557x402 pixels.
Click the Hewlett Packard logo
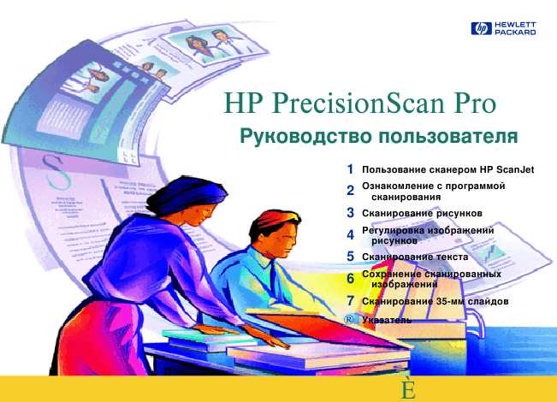coord(503,28)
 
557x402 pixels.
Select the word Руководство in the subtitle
coord(305,137)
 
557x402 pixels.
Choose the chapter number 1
coord(350,169)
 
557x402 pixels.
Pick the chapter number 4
coord(350,234)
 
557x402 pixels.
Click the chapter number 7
coord(350,301)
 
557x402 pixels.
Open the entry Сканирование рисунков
coord(422,214)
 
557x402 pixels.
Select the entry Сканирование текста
coord(415,257)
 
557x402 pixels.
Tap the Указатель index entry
coord(387,320)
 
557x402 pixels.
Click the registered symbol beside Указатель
coord(349,320)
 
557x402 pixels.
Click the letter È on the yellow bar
coord(408,388)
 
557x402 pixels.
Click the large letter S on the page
coord(56,173)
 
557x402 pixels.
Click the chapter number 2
coord(350,191)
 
